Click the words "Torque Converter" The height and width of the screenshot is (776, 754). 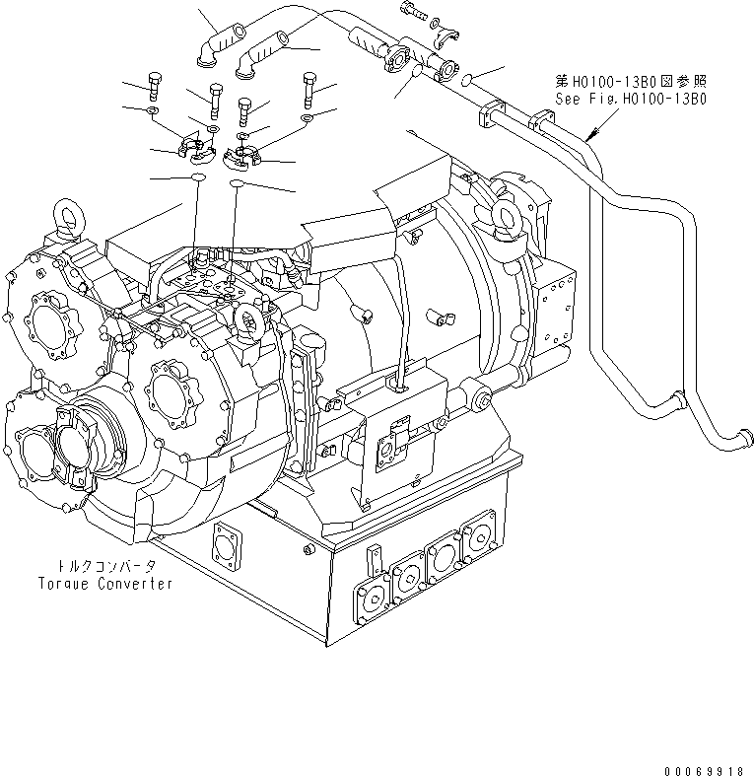pyautogui.click(x=104, y=583)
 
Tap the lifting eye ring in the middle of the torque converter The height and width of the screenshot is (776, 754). pyautogui.click(x=248, y=317)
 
